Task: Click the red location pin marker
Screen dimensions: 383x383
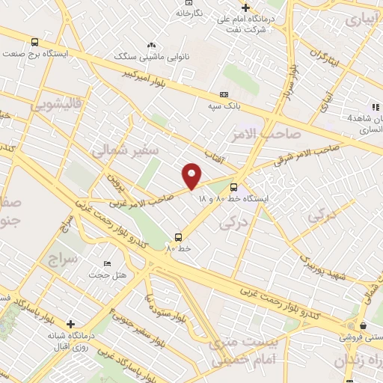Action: pyautogui.click(x=192, y=175)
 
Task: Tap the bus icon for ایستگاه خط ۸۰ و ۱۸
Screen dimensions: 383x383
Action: pyautogui.click(x=234, y=187)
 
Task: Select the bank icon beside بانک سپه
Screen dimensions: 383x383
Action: pyautogui.click(x=224, y=95)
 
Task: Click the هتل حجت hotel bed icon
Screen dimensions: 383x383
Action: pyautogui.click(x=107, y=264)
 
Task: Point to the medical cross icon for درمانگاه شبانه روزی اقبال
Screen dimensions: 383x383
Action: pyautogui.click(x=70, y=324)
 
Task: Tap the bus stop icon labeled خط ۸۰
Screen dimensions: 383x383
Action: pyautogui.click(x=177, y=234)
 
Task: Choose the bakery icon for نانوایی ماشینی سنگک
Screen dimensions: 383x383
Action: pyautogui.click(x=151, y=45)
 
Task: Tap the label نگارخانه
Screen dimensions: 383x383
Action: pyautogui.click(x=189, y=13)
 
